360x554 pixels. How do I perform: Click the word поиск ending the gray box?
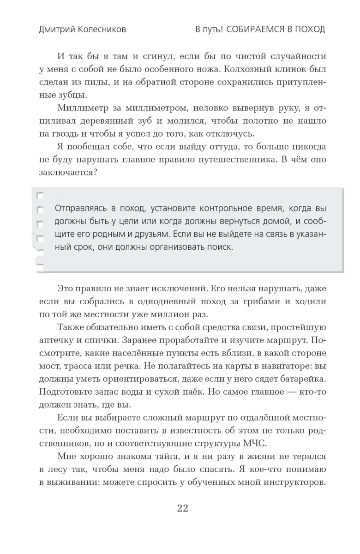point(218,247)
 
